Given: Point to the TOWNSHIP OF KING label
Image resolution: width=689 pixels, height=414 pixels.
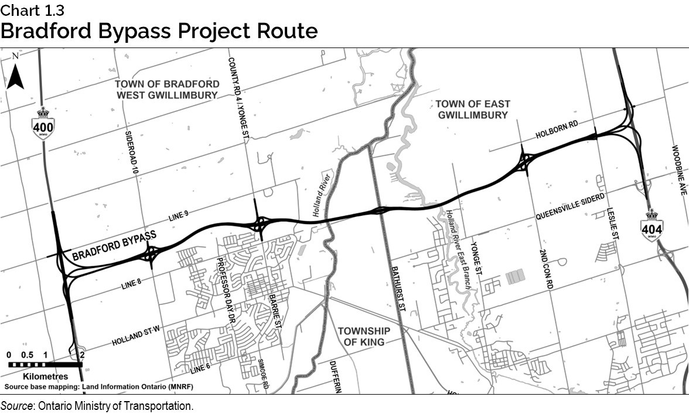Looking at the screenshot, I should [x=364, y=336].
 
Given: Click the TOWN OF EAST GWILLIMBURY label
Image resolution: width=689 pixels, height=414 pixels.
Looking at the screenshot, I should [x=472, y=109].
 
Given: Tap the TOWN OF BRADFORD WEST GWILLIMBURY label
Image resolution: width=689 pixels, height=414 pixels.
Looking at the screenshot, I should [x=167, y=89].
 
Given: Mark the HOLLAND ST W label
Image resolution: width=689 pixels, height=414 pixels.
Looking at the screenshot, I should [x=137, y=338].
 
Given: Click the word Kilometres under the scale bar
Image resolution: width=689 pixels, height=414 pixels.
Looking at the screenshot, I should [x=46, y=376].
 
